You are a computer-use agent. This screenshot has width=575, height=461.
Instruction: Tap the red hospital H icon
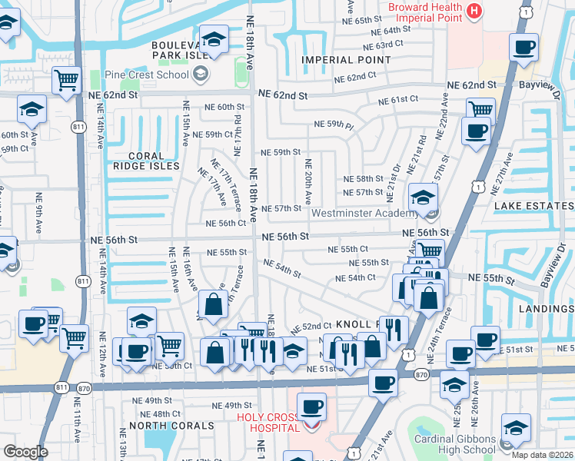[474, 11]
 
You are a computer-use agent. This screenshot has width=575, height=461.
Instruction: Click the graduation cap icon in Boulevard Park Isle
[213, 38]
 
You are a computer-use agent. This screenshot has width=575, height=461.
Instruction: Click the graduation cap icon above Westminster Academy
[422, 197]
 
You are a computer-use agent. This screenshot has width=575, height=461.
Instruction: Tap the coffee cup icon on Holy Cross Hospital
[311, 406]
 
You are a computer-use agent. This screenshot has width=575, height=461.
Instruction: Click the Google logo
[26, 451]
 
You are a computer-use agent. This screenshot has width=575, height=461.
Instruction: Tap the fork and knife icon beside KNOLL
[393, 329]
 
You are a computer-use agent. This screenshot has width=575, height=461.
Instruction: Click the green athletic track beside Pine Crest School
[241, 74]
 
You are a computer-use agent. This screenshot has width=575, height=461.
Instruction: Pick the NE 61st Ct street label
[397, 100]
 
